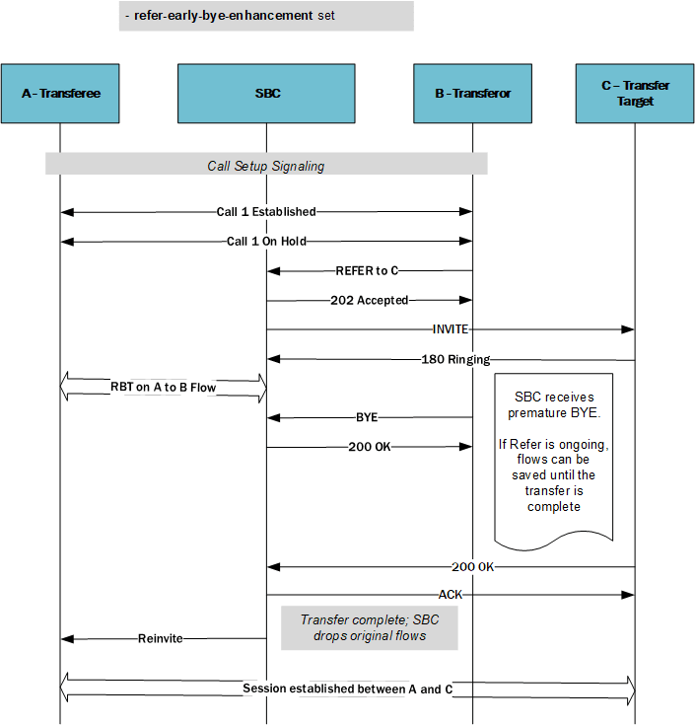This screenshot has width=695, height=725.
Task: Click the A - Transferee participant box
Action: (60, 94)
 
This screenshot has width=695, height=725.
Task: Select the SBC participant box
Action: (266, 94)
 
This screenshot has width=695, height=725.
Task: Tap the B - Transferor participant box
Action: (472, 94)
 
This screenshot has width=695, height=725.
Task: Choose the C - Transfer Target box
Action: (635, 94)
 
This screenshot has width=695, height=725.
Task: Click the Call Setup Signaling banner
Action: (265, 166)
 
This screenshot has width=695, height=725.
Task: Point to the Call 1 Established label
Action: (266, 211)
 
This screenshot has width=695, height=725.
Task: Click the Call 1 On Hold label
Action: (266, 241)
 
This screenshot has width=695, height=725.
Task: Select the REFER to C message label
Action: (368, 270)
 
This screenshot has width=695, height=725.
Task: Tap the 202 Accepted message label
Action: (369, 300)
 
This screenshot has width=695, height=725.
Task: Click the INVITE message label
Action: (450, 329)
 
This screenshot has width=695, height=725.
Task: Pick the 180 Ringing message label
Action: (455, 359)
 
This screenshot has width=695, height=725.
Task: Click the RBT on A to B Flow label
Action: (164, 388)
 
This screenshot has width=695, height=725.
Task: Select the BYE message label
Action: (367, 417)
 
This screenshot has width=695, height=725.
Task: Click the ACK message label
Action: (450, 595)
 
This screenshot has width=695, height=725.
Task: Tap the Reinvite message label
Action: (160, 638)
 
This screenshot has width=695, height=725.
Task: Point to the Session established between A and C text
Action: (347, 689)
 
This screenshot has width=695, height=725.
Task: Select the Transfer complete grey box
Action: (369, 627)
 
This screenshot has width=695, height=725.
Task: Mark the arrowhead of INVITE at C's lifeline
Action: (629, 329)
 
